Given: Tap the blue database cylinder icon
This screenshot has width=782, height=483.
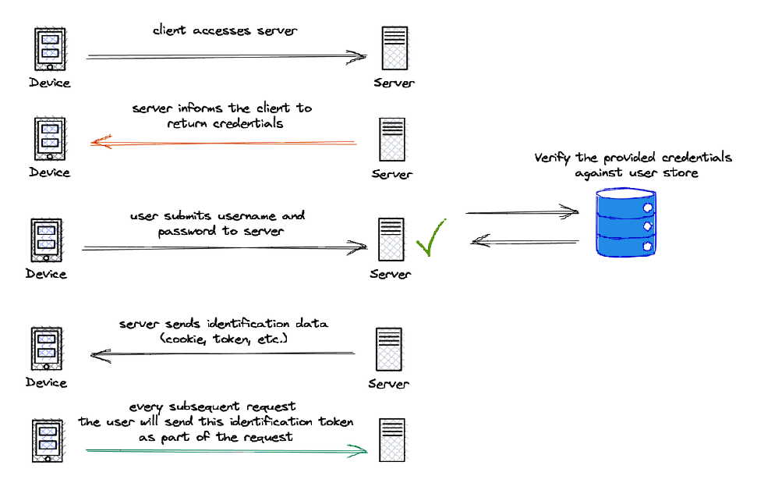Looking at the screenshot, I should (x=625, y=224).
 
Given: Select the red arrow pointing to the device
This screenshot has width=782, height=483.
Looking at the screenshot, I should (x=223, y=143).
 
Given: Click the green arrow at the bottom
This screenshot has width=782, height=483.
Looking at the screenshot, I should (x=226, y=450).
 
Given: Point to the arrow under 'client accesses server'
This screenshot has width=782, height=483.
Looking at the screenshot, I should (x=226, y=56).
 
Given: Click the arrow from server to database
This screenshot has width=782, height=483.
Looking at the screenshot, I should (x=522, y=211).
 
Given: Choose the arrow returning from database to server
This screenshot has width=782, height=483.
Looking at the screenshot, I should (x=525, y=242).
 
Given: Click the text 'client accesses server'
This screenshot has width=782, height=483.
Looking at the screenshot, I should (x=225, y=31).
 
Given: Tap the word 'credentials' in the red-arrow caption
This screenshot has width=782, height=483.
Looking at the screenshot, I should (x=248, y=123).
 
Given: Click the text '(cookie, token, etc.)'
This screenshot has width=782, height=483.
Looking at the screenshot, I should (x=224, y=338).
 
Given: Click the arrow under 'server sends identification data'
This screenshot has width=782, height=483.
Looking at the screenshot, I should (x=223, y=354).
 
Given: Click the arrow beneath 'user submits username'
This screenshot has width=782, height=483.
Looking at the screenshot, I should (x=225, y=248).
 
